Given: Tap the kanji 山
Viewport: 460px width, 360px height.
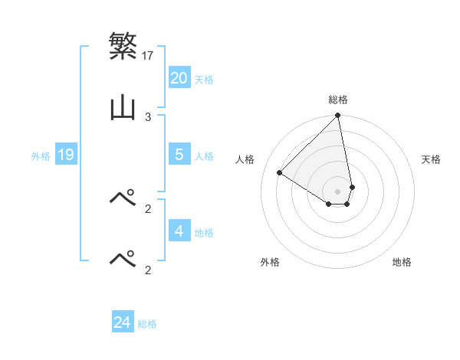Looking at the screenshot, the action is pyautogui.click(x=123, y=108).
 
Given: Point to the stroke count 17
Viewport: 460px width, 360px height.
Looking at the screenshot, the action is pyautogui.click(x=149, y=55).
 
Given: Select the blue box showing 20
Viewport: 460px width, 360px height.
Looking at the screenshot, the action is pyautogui.click(x=179, y=78).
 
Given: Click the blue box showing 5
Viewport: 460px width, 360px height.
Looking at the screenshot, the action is pyautogui.click(x=179, y=155).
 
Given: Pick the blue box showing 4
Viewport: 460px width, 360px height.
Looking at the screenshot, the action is pyautogui.click(x=179, y=231).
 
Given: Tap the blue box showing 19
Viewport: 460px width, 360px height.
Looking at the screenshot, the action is pyautogui.click(x=66, y=155).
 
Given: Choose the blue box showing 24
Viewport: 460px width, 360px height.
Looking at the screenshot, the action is pyautogui.click(x=123, y=322).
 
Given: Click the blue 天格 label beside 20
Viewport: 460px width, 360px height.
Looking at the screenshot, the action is pyautogui.click(x=204, y=80).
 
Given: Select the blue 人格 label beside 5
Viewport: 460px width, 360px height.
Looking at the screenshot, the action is pyautogui.click(x=204, y=156).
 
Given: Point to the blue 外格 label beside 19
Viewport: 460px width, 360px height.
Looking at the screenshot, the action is pyautogui.click(x=41, y=156).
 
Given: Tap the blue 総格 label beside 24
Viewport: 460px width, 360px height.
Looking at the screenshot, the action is pyautogui.click(x=147, y=324).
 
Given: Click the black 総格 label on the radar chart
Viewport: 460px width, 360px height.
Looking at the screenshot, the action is pyautogui.click(x=338, y=100).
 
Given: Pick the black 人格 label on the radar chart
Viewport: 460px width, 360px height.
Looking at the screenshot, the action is pyautogui.click(x=245, y=159).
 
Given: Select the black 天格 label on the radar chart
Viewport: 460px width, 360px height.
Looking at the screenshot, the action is pyautogui.click(x=432, y=159).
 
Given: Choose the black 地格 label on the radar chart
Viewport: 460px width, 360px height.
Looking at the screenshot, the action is pyautogui.click(x=402, y=262).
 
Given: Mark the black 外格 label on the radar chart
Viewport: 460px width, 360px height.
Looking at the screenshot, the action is pyautogui.click(x=270, y=262).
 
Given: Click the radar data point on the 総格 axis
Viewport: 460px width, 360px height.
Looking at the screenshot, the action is pyautogui.click(x=338, y=116).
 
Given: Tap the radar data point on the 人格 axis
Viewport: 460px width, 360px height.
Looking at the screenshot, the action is pyautogui.click(x=280, y=173).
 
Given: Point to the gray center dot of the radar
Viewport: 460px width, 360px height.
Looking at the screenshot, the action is pyautogui.click(x=338, y=191).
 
